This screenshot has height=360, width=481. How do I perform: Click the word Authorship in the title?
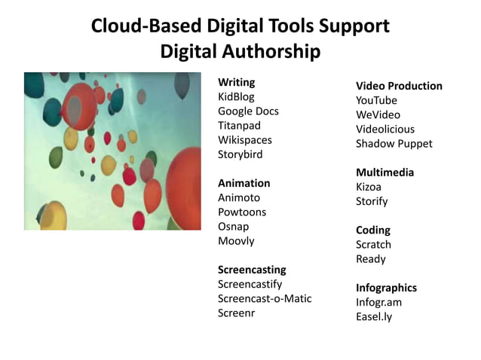click(x=273, y=51)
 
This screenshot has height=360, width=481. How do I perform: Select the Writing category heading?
click(x=236, y=82)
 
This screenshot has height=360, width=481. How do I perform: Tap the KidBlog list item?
click(x=236, y=96)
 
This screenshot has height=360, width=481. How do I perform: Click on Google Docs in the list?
click(x=248, y=111)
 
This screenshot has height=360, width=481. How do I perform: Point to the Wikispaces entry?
click(x=244, y=140)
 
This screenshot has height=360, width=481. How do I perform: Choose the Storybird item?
click(x=240, y=154)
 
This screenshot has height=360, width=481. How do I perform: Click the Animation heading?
click(x=244, y=183)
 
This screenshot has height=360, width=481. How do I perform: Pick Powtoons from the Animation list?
click(x=242, y=212)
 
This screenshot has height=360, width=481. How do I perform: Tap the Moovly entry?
click(x=236, y=241)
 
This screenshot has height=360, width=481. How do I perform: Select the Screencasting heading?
click(x=252, y=269)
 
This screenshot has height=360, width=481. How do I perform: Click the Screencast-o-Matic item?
click(x=264, y=298)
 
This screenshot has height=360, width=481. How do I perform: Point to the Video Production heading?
click(x=399, y=86)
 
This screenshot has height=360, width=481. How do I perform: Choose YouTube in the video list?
click(x=376, y=100)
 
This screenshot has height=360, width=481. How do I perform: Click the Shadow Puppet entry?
click(x=394, y=143)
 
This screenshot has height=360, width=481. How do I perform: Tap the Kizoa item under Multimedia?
click(x=369, y=187)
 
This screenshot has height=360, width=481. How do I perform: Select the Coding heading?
click(x=373, y=230)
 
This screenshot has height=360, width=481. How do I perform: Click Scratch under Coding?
click(x=373, y=244)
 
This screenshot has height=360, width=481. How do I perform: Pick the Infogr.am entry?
click(x=378, y=302)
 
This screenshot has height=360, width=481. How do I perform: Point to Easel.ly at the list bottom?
click(x=374, y=316)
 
